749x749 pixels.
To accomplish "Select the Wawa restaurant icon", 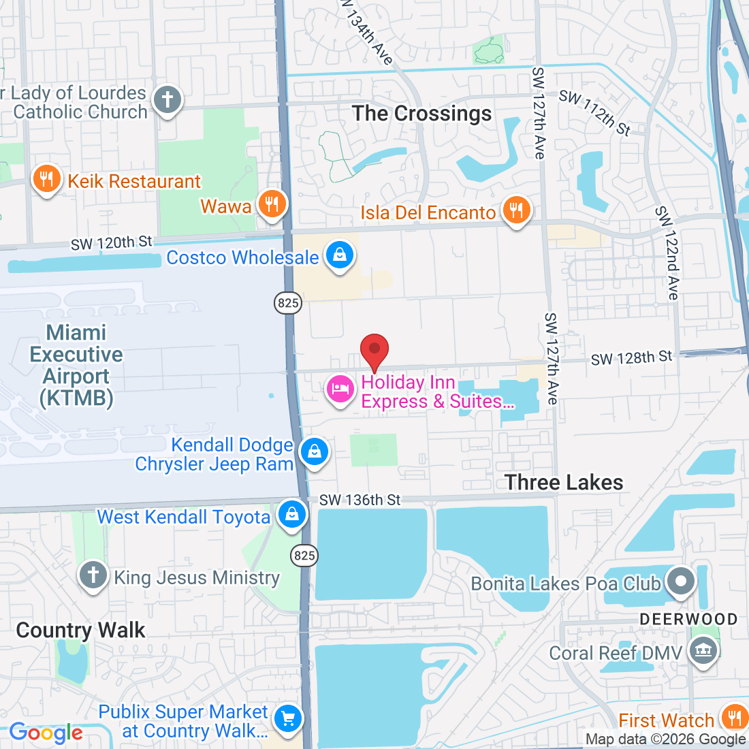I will click(272, 204).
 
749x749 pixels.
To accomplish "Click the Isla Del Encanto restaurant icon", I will click(516, 210).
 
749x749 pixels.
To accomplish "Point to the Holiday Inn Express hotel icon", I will click(340, 389).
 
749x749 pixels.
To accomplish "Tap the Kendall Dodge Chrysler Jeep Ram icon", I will click(314, 452).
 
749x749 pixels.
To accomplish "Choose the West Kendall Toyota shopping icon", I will click(291, 514).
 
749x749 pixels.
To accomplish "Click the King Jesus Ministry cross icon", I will click(93, 575).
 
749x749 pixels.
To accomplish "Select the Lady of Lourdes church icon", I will click(167, 99).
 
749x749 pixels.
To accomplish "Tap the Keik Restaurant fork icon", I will click(46, 180).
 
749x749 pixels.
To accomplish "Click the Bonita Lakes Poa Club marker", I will click(680, 581).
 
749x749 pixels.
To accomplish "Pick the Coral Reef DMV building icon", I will click(702, 652).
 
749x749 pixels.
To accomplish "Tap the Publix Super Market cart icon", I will click(287, 718).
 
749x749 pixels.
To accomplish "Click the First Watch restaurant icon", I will click(734, 718).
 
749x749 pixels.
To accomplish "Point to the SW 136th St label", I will click(360, 500).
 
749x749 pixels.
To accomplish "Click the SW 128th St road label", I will click(631, 358).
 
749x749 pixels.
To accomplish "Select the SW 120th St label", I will click(112, 243).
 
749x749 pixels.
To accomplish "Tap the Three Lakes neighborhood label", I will click(564, 482).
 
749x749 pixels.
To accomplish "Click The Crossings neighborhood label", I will click(421, 113).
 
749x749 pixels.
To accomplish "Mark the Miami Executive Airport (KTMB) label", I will click(76, 365).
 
